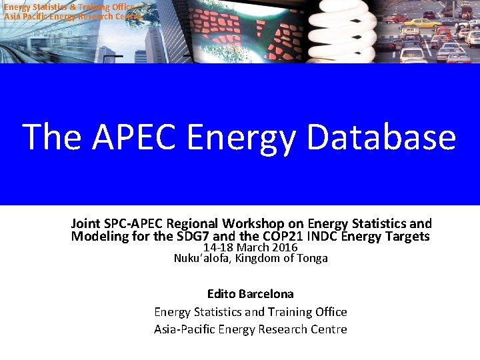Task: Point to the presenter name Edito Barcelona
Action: point(250,293)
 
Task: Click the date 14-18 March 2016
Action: point(250,247)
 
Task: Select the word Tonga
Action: point(312,258)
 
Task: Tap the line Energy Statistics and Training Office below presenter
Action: point(250,311)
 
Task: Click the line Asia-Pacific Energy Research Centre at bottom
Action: point(250,329)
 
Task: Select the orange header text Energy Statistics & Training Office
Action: point(70,7)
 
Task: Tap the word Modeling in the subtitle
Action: point(99,237)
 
